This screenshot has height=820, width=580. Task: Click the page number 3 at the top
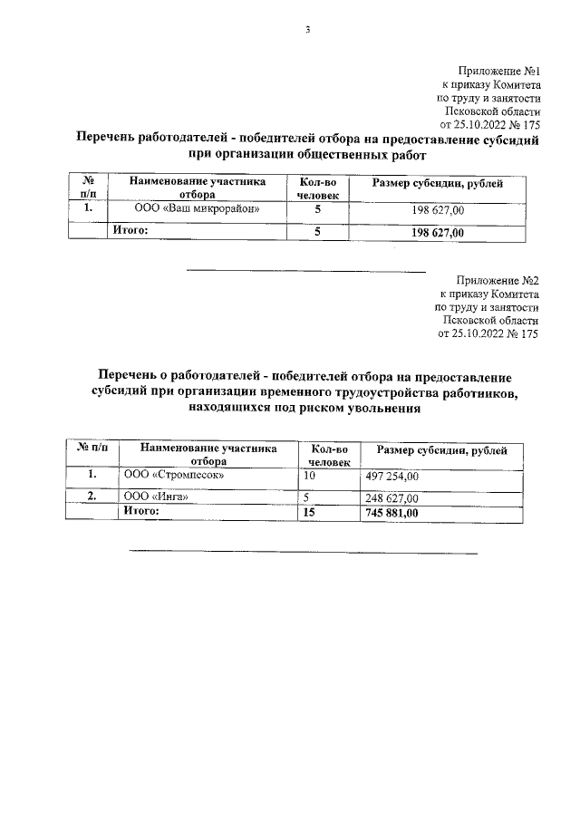tap(307, 29)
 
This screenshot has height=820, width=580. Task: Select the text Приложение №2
tap(498, 281)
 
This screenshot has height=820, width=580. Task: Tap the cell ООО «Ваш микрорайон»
tap(198, 209)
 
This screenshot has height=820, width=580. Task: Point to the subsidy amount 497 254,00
tap(392, 476)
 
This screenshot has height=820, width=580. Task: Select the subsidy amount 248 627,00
tap(392, 497)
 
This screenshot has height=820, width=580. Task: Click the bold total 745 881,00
tap(393, 513)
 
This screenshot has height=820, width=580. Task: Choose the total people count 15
tap(310, 513)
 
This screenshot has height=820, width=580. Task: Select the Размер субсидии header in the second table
tap(442, 450)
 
